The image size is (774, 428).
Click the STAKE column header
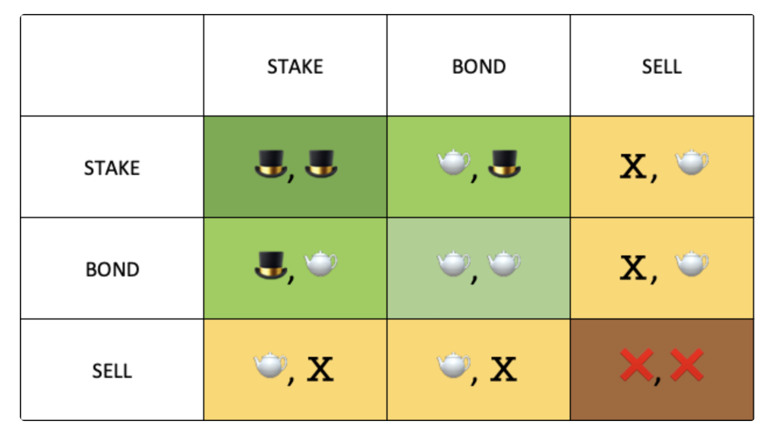point(295,66)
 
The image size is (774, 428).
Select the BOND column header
point(479,66)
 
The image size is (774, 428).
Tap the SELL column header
point(661,66)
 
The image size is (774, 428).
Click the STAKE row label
point(112,168)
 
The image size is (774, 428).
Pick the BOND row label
point(112,269)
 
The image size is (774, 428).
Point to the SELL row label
point(112,371)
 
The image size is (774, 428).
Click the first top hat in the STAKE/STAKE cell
point(271,164)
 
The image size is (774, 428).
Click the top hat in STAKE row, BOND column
point(504,164)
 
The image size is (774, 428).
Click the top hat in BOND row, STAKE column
point(271,266)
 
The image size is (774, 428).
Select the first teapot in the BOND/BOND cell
point(454,265)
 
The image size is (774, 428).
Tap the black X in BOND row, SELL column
point(633,268)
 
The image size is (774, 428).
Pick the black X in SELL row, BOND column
point(503,370)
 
